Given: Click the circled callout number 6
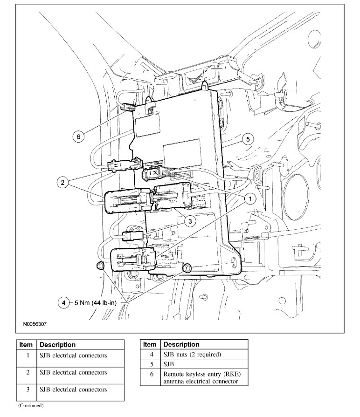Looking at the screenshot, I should tap(78, 137).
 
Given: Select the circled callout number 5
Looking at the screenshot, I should tap(248, 139).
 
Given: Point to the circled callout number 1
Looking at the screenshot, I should tap(250, 199).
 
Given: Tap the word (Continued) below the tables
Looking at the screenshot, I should tap(31, 405).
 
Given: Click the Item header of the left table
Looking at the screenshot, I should tap(26, 345).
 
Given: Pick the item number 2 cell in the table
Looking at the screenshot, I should tap(28, 372).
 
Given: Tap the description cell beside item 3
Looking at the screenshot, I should tap(81, 390).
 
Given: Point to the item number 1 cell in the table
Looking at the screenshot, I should tap(28, 355).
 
